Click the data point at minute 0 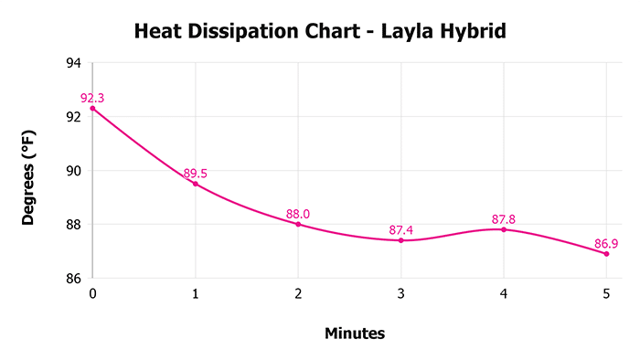point(92,108)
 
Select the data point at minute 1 point(195,184)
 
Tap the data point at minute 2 point(298,224)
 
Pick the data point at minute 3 point(400,240)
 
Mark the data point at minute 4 point(504,229)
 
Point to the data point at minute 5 point(606,253)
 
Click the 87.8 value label point(505,219)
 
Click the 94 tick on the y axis point(73,63)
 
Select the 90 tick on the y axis point(73,171)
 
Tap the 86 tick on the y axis point(73,279)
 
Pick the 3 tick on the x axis point(400,293)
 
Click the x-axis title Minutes point(355,334)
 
